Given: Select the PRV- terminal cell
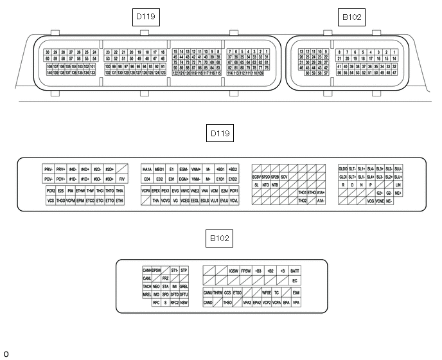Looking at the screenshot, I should pyautogui.click(x=49, y=168).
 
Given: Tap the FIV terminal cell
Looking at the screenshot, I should pyautogui.click(x=122, y=179).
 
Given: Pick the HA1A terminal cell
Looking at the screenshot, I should pyautogui.click(x=147, y=168).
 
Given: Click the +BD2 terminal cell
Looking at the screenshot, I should pyautogui.click(x=233, y=168).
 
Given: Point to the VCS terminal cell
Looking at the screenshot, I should pyautogui.click(x=50, y=201).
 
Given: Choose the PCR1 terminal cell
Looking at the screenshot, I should pyautogui.click(x=234, y=191).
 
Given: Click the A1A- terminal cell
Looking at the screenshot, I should pyautogui.click(x=321, y=201).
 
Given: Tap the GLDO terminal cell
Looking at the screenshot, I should pyautogui.click(x=343, y=168).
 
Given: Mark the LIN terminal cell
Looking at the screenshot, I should pyautogui.click(x=398, y=184).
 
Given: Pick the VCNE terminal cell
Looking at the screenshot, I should pyautogui.click(x=380, y=201).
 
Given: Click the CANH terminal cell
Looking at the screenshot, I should pyautogui.click(x=146, y=270).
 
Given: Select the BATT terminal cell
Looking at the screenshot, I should pyautogui.click(x=295, y=271).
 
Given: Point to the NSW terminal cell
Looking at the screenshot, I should pyautogui.click(x=184, y=302).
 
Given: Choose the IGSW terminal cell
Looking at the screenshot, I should pyautogui.click(x=234, y=271).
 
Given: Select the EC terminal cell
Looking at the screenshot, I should pyautogui.click(x=295, y=280).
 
